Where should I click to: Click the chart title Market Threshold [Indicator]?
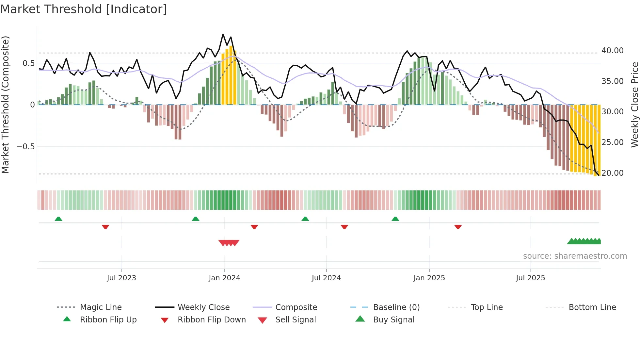click(x=84, y=9)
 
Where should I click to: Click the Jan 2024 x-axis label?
click(x=224, y=278)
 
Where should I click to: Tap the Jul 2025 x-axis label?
click(x=530, y=278)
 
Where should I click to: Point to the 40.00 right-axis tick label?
click(x=612, y=51)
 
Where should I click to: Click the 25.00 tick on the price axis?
click(x=612, y=142)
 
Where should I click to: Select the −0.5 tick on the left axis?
click(x=25, y=146)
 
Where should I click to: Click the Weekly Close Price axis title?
click(x=634, y=105)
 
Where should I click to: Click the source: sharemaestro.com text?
click(x=575, y=256)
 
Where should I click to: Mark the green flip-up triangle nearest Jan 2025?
click(x=395, y=219)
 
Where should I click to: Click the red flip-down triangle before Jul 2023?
click(x=105, y=227)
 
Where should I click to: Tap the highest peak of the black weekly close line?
click(x=223, y=34)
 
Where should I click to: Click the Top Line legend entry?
click(x=487, y=307)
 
